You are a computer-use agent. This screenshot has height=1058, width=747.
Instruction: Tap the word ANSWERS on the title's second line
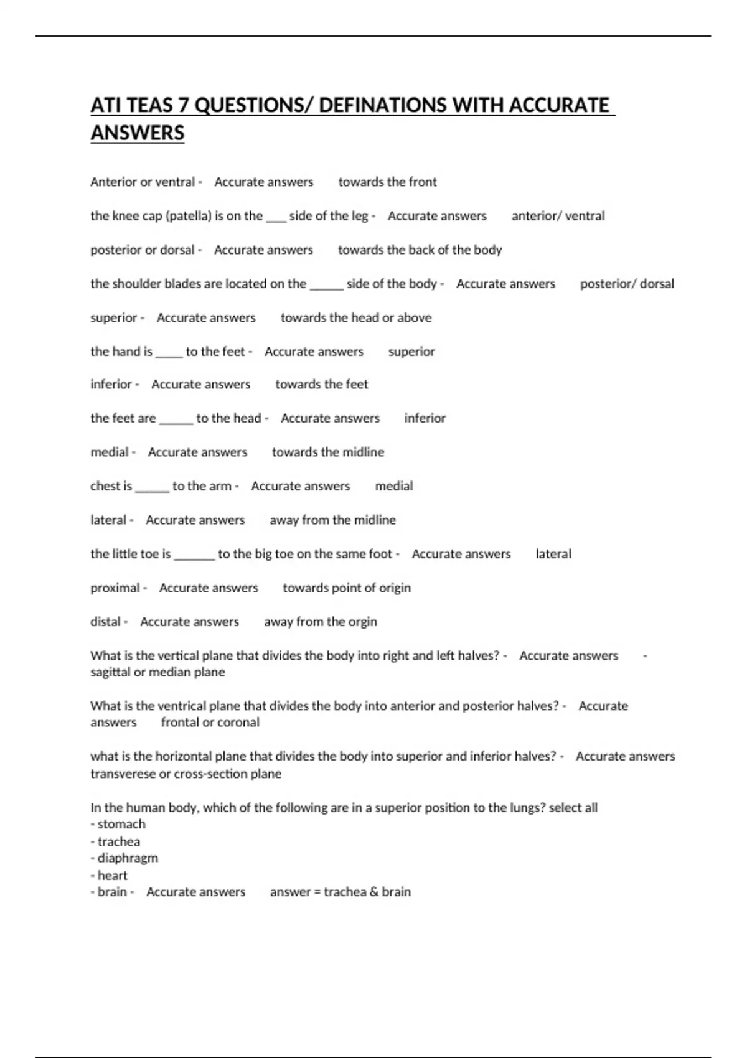coord(138,133)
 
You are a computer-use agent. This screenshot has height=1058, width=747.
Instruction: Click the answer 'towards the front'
coord(387,182)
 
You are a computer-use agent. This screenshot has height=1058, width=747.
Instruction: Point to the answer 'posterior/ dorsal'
coord(627,284)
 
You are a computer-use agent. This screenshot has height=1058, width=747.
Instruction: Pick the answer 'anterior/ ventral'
coord(558,216)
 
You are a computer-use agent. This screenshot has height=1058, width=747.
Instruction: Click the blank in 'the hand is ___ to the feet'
coord(169,353)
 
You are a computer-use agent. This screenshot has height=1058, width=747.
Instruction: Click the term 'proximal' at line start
coord(115,588)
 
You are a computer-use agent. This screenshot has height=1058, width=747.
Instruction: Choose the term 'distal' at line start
coord(106,622)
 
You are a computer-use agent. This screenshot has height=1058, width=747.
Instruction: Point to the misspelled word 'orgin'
coord(362,622)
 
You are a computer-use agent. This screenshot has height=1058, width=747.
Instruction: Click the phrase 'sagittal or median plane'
coord(157,672)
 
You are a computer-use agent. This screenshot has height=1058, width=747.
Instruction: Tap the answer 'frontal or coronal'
coord(210,723)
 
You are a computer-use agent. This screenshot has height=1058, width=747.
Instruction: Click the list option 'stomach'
coord(121,824)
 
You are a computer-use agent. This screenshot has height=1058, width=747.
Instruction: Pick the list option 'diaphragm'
coord(128,858)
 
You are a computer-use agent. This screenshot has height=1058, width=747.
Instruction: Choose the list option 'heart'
coord(113,875)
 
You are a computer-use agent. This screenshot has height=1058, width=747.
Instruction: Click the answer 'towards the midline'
coord(327,452)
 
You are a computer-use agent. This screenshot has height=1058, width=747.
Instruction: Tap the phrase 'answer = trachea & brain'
coord(340,892)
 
